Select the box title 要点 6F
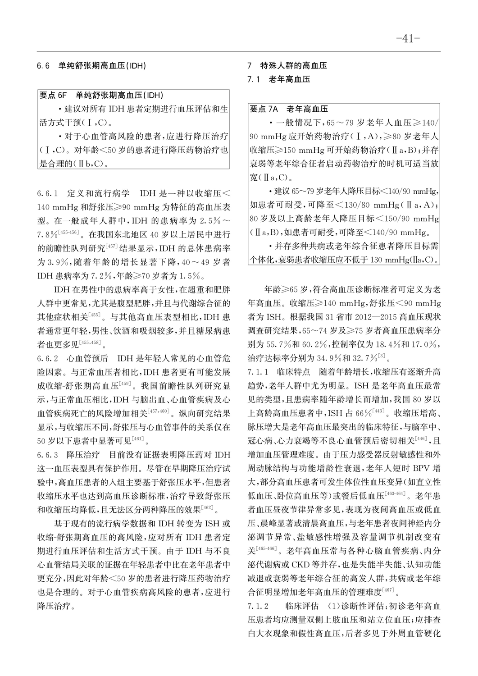tap(53, 96)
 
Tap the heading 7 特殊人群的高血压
tap(287, 66)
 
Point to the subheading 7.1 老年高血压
tap(279, 80)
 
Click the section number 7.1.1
tap(259, 372)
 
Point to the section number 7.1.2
tap(259, 605)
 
